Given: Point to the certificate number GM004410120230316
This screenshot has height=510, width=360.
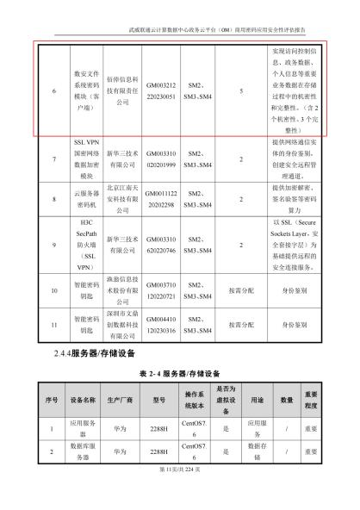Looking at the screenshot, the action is (161, 325).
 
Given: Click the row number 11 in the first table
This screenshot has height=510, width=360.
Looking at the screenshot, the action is (53, 325).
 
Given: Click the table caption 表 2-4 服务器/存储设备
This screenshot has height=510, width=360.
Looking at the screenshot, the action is (179, 375).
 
